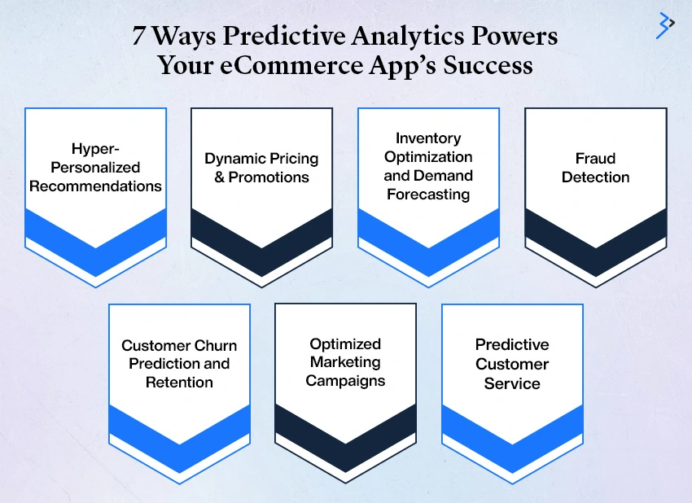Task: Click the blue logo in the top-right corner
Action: coord(664,25)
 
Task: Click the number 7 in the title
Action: coord(138,35)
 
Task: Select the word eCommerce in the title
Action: coord(291,65)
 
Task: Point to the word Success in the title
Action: coord(488,65)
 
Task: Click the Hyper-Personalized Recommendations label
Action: coord(96,167)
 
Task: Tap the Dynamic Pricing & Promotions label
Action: coord(261,168)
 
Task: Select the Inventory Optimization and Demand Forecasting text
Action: coord(428,166)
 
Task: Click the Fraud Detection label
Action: coord(595,168)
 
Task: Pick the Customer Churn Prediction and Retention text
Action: coord(179,364)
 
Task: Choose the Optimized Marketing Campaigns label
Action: coord(345,362)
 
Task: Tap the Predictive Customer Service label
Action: coord(512,364)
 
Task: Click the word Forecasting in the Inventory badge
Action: coord(428,195)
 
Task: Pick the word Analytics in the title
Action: coord(408,35)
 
